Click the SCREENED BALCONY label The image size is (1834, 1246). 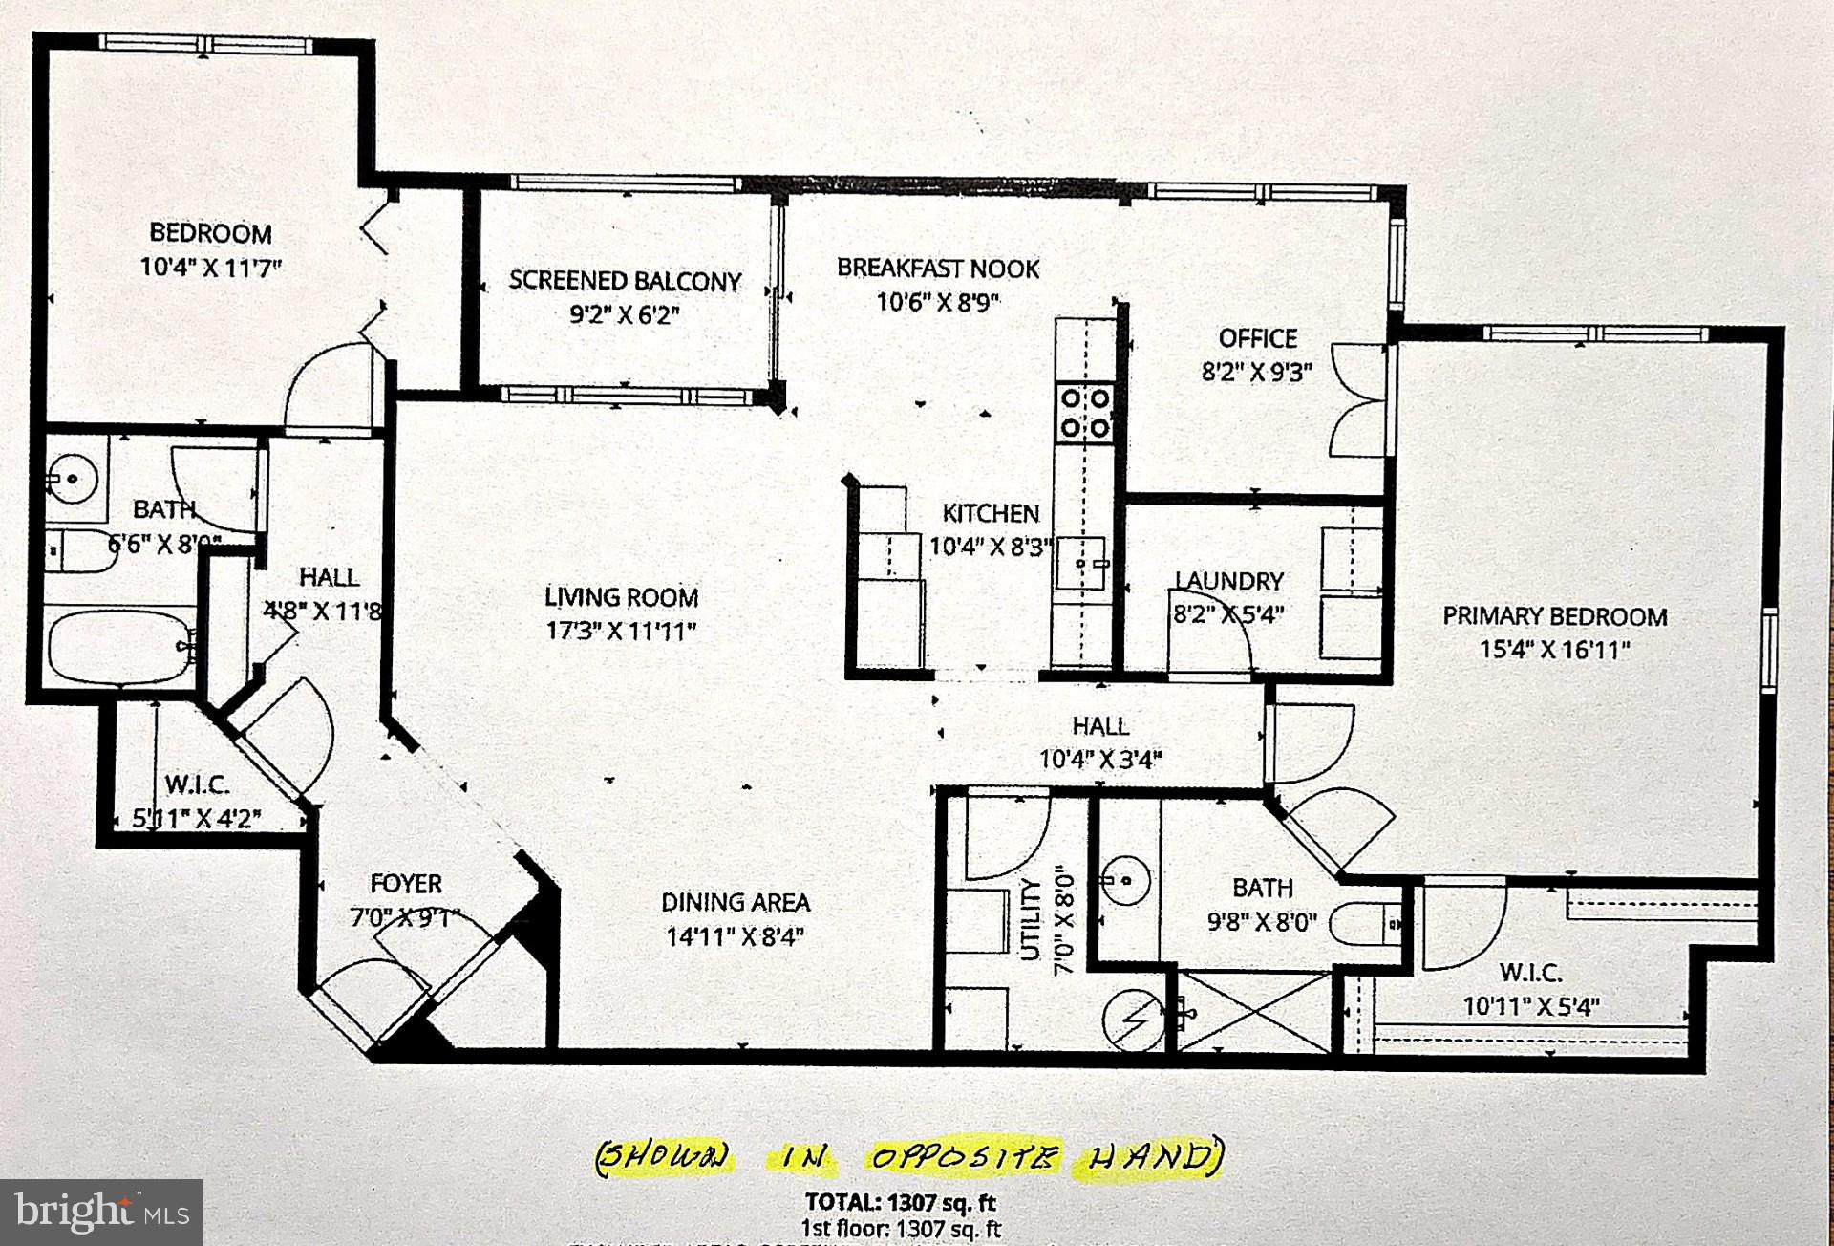(x=625, y=281)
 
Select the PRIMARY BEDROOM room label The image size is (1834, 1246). (x=1554, y=616)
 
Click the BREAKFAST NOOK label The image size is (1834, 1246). (x=938, y=269)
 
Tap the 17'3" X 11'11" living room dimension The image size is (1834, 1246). (x=622, y=632)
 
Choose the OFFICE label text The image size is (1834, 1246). (x=1257, y=338)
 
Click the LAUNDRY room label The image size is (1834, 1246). (x=1228, y=580)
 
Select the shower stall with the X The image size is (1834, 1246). (x=1252, y=1012)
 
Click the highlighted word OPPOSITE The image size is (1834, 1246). (x=964, y=1159)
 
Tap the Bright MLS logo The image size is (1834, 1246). (x=100, y=1213)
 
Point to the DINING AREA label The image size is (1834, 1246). (x=736, y=902)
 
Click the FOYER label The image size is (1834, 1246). (x=406, y=884)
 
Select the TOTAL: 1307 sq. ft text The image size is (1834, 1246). (x=902, y=1202)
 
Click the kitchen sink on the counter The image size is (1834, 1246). (x=1082, y=565)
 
